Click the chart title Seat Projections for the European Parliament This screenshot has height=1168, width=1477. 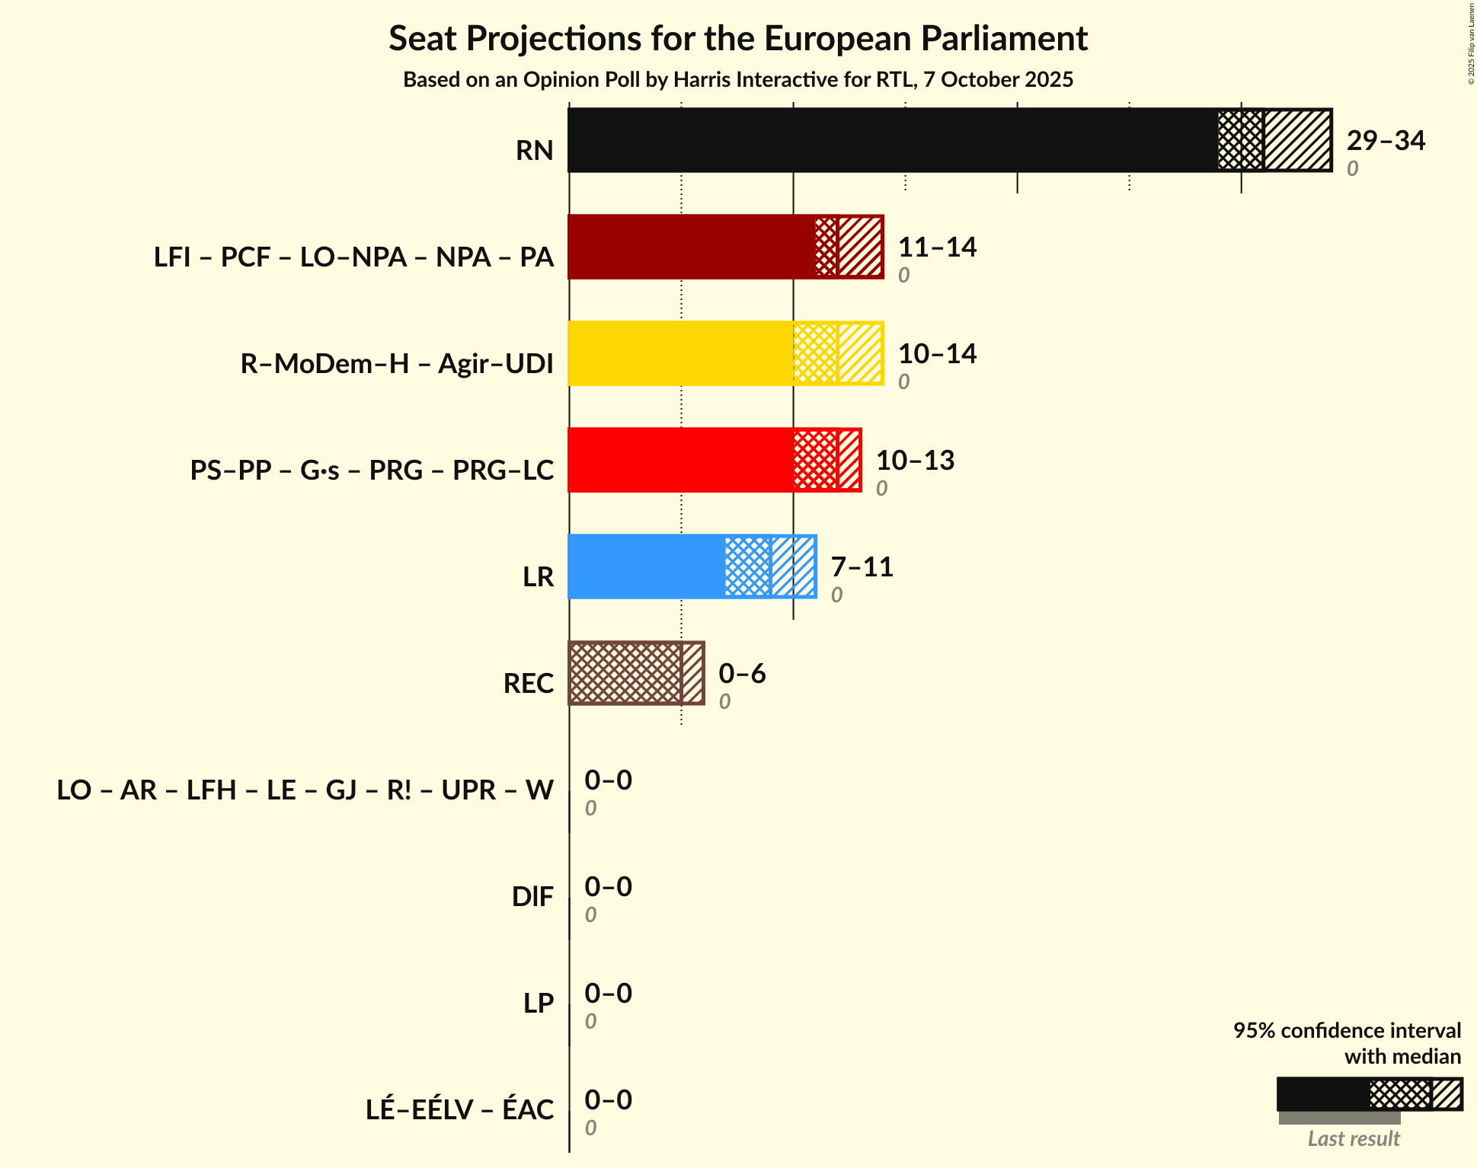pyautogui.click(x=737, y=38)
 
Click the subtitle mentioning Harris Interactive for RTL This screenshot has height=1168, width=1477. pyautogui.click(x=737, y=80)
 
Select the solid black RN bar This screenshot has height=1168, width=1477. pyautogui.click(x=891, y=140)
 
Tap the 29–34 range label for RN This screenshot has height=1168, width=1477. pyautogui.click(x=1385, y=141)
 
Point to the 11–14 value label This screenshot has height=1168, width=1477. pyautogui.click(x=936, y=247)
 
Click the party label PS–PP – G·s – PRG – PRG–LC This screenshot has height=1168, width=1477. pyautogui.click(x=372, y=471)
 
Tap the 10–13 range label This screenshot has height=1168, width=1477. pyautogui.click(x=914, y=461)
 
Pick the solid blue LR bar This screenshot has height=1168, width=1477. pyautogui.click(x=647, y=566)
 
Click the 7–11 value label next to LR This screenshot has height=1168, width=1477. pyautogui.click(x=861, y=567)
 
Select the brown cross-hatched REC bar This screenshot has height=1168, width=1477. pyautogui.click(x=625, y=673)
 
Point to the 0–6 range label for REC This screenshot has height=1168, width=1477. pyautogui.click(x=741, y=674)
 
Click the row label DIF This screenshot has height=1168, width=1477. pyautogui.click(x=532, y=897)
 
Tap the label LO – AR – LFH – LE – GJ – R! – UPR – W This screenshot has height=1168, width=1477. pyautogui.click(x=305, y=790)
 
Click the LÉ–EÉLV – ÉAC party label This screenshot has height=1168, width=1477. pyautogui.click(x=459, y=1110)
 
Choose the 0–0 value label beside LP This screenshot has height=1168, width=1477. pyautogui.click(x=608, y=994)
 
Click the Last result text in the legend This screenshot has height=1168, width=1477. pyautogui.click(x=1353, y=1138)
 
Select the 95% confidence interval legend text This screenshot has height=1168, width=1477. pyautogui.click(x=1346, y=1030)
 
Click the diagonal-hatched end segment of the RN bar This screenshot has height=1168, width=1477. pyautogui.click(x=1297, y=140)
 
